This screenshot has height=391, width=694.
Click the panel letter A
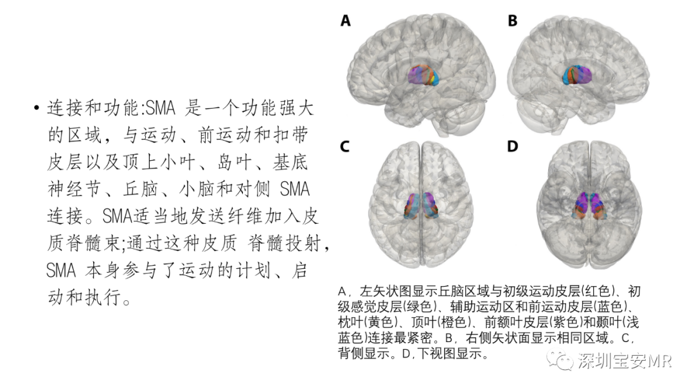pyautogui.click(x=345, y=21)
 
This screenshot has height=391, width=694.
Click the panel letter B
pyautogui.click(x=513, y=21)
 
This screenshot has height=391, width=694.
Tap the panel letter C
pyautogui.click(x=345, y=146)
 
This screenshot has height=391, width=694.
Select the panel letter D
pyautogui.click(x=513, y=146)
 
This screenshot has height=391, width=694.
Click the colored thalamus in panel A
pyautogui.click(x=423, y=75)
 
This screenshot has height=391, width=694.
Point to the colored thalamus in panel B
pyautogui.click(x=577, y=75)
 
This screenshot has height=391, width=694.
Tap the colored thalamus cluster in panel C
pyautogui.click(x=421, y=205)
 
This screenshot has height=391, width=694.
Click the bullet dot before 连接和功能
pyautogui.click(x=36, y=109)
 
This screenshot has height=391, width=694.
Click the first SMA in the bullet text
pyautogui.click(x=160, y=108)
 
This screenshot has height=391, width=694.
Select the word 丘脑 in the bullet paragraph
pyautogui.click(x=140, y=189)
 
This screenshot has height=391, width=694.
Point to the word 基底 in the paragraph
pyautogui.click(x=290, y=162)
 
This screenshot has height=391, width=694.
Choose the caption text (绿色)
pyautogui.click(x=418, y=306)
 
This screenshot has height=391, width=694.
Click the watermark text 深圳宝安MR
pyautogui.click(x=625, y=361)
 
